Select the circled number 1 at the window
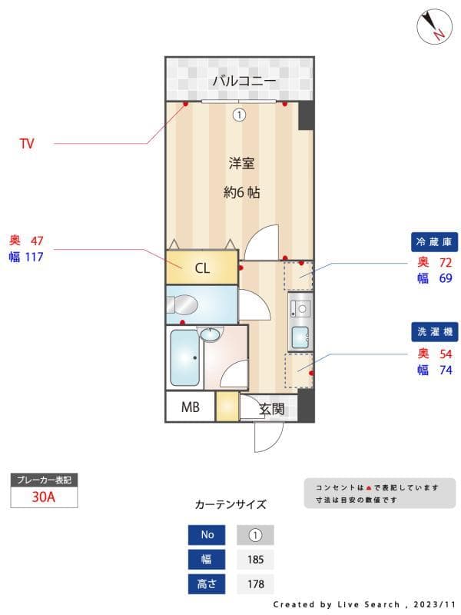[x=239, y=115]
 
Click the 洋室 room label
[x=240, y=163]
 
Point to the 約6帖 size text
[x=241, y=192]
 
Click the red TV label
[x=27, y=144]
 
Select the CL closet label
[x=201, y=268]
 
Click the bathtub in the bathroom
[x=184, y=357]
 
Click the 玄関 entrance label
[x=271, y=408]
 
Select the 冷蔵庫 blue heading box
[x=436, y=241]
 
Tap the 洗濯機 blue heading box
[x=436, y=332]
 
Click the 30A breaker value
[x=44, y=497]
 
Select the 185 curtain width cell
[x=255, y=559]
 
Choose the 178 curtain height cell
[x=255, y=583]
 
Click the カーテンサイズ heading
[x=230, y=504]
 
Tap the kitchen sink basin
[x=300, y=336]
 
